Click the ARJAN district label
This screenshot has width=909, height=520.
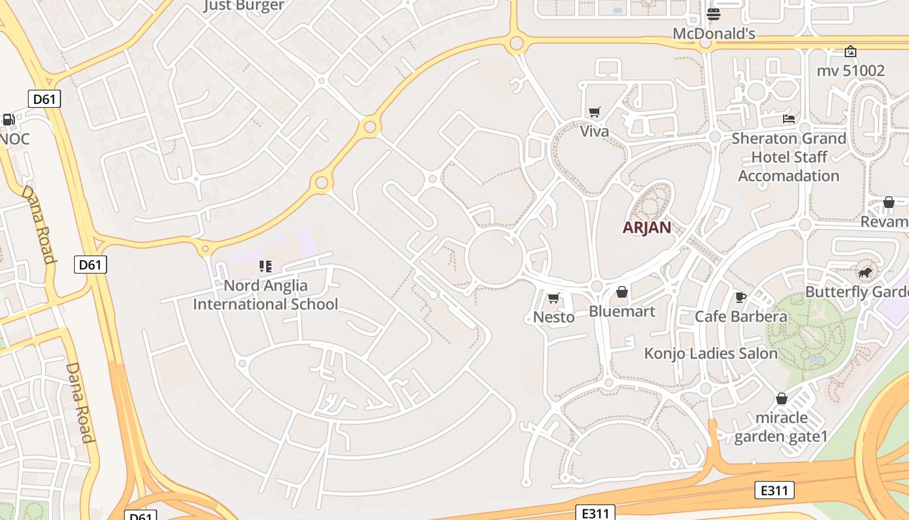[646, 227]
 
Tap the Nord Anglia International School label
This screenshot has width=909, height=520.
[266, 294]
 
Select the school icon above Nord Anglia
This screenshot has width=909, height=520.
[265, 266]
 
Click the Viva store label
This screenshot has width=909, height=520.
[594, 131]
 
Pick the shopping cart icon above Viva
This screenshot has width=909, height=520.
[594, 112]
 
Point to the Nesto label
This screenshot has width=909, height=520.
[554, 317]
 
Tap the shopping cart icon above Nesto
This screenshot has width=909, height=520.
[553, 298]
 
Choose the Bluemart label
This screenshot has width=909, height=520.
[621, 311]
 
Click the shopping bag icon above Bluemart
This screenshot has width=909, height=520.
[621, 292]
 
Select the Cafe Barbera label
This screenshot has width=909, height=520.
[741, 317]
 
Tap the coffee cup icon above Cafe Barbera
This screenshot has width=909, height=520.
[740, 297]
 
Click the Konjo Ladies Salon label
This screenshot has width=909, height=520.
[710, 354]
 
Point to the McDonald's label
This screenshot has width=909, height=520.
[714, 34]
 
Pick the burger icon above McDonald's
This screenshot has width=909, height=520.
[714, 14]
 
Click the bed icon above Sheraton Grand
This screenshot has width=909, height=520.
[789, 118]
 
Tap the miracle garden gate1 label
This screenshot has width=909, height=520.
[781, 426]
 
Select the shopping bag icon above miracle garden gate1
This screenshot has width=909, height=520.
[781, 398]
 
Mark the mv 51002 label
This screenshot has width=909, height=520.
[851, 70]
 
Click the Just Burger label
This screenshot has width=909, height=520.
[243, 6]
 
